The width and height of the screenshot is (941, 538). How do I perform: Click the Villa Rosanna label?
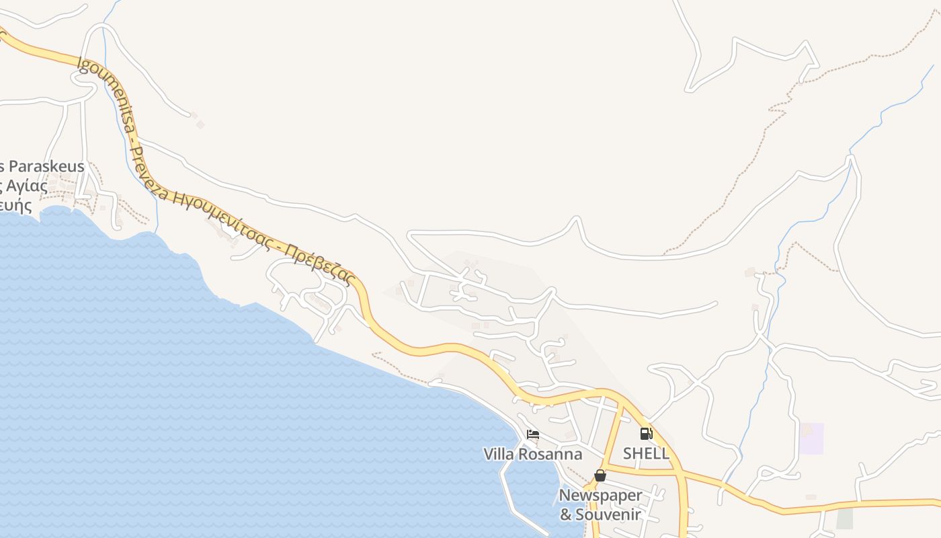pos(532,454)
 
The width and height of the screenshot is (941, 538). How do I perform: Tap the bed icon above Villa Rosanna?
pos(533,434)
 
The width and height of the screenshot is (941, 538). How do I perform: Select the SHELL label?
pos(646,453)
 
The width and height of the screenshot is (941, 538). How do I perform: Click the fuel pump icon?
pos(646,434)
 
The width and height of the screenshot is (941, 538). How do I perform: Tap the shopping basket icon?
pos(600,475)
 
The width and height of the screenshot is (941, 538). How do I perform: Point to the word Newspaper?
pos(600,496)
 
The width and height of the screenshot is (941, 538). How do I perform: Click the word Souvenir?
pos(609,515)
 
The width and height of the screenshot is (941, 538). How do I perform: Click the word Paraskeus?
pos(46,167)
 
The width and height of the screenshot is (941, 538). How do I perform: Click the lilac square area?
pos(811,438)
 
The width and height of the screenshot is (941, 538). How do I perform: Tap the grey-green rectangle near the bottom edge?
pos(844,518)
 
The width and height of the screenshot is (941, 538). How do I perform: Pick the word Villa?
pos(499,454)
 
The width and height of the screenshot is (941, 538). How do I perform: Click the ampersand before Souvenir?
pos(566,515)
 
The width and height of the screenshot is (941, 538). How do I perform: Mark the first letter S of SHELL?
pos(628,453)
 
